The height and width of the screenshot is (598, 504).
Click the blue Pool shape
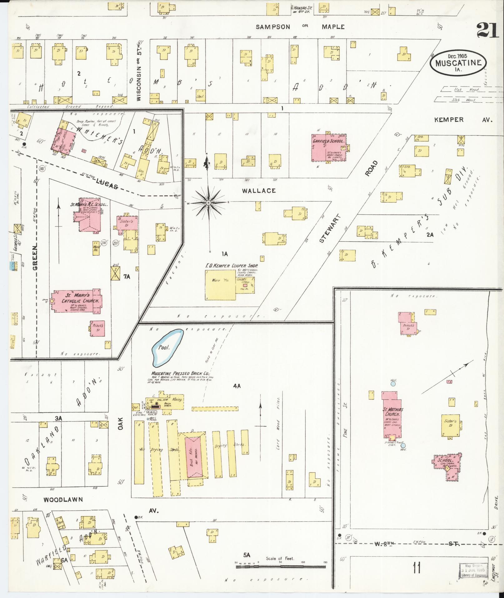point(167,347)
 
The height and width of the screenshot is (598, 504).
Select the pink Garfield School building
point(329,148)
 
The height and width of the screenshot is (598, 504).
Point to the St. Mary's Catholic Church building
point(77,301)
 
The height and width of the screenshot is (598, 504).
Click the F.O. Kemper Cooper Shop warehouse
point(221,285)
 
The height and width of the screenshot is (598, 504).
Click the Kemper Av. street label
point(463,120)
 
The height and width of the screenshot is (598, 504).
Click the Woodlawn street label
point(63,500)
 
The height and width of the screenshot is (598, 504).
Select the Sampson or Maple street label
point(300,27)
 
